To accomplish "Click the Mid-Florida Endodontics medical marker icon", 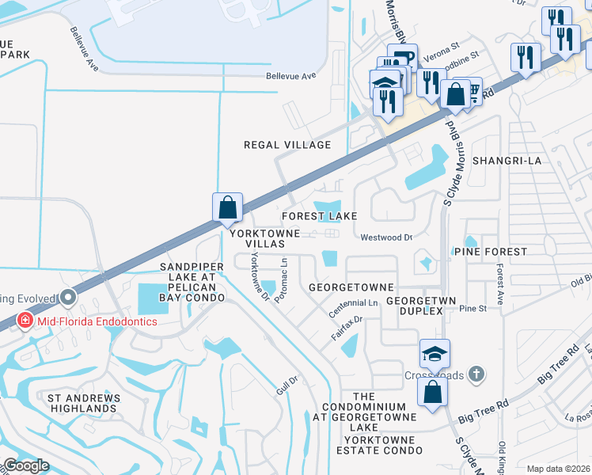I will [x=26, y=321].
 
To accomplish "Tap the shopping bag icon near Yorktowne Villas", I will [x=227, y=208].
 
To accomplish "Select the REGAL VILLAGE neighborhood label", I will [x=287, y=145].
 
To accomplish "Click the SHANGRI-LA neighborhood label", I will [x=507, y=160].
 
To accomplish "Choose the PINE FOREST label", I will [x=490, y=252].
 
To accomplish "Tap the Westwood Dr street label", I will [x=387, y=237].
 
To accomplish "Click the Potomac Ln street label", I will [x=283, y=271].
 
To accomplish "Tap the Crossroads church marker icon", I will [x=475, y=373].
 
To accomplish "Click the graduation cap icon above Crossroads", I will [x=435, y=354].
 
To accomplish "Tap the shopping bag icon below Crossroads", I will [x=433, y=393].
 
